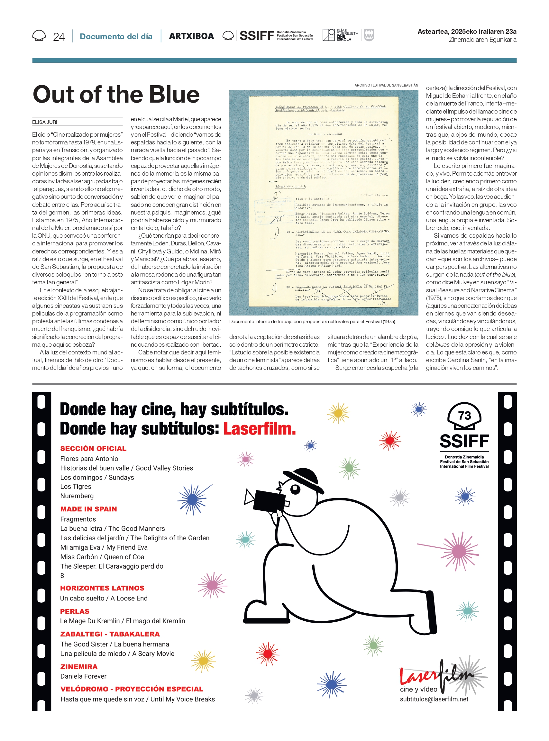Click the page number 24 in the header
coord(59,37)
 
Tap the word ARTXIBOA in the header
coord(191,36)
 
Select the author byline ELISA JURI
coord(44,122)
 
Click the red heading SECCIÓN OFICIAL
coord(93,449)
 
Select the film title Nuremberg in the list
coord(77,496)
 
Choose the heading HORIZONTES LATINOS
coord(102,588)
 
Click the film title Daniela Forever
coord(83,676)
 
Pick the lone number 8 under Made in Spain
coord(62,575)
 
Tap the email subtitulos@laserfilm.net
coord(434,699)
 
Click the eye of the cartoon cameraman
coord(295,489)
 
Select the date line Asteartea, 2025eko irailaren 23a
coord(467,32)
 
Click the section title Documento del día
coord(116,37)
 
